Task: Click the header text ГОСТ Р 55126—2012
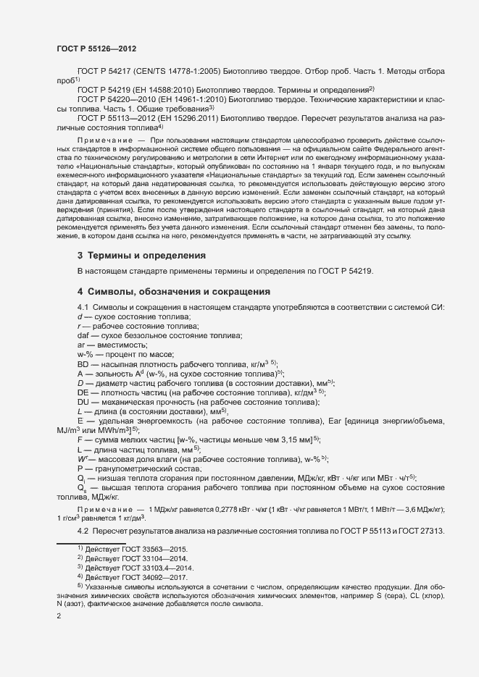96,49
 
